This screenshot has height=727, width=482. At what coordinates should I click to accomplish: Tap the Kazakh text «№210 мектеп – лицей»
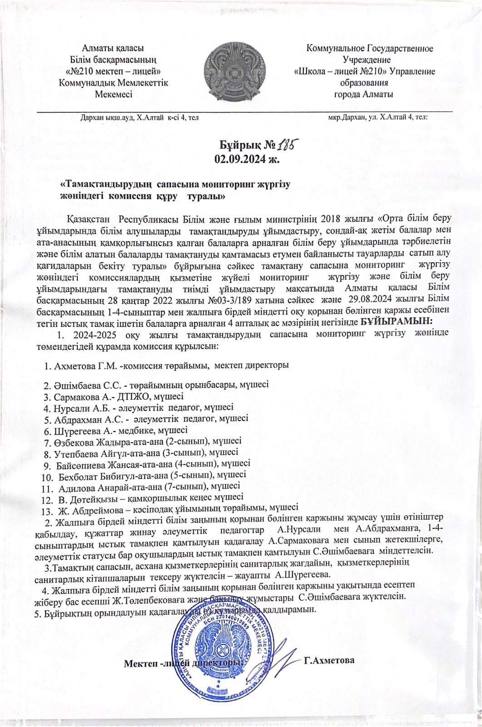point(114,71)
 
